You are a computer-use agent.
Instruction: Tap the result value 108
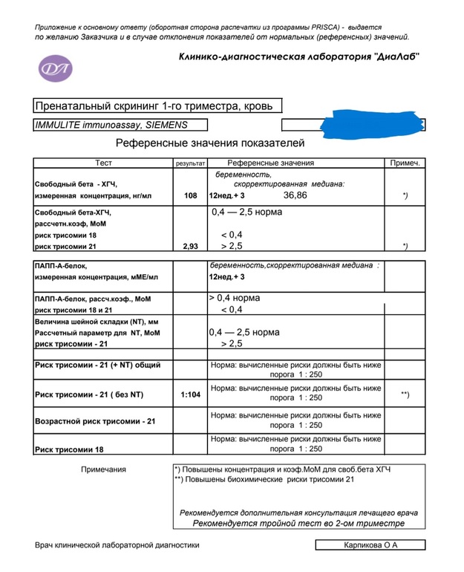coord(190,195)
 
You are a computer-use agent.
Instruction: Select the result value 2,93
coord(190,246)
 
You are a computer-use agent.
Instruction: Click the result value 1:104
coord(191,394)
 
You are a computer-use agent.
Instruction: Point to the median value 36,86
coord(295,195)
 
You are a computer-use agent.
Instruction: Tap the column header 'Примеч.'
coord(405,163)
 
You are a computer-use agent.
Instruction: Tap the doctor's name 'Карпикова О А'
coord(370,545)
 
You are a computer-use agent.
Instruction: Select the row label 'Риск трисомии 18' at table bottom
coord(70,449)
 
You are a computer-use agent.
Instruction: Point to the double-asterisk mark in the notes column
coord(405,394)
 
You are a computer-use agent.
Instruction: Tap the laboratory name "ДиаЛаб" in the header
coord(393,57)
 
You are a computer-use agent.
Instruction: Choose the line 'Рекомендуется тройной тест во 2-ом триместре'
coord(298,523)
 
